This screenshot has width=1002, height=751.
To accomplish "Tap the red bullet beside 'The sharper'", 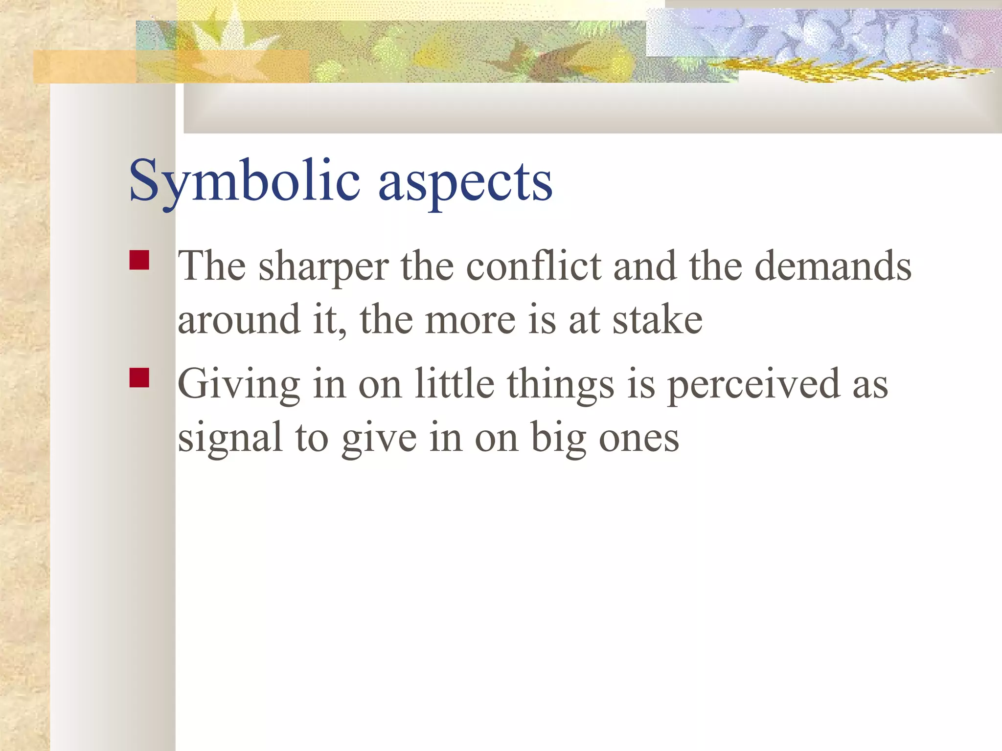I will pos(139,260).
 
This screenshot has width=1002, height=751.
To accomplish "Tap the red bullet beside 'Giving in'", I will pos(139,378).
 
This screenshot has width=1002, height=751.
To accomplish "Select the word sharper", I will pos(323,268).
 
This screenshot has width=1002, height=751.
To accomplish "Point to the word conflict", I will pos(534,266).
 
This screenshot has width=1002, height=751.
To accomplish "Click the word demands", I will pos(833,266).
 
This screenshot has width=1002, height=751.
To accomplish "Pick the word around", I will pos(239,320).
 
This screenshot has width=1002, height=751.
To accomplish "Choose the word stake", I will pos(658,320).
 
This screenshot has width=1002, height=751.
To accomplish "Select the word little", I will pos(455,383).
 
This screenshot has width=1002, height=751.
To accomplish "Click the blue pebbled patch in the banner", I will pos(807,34).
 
